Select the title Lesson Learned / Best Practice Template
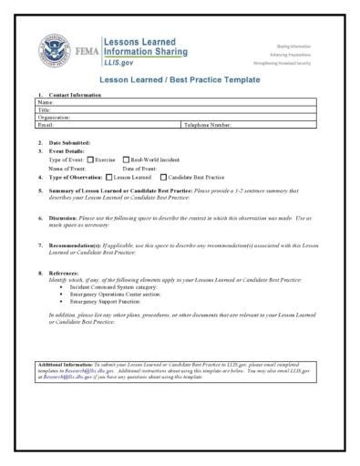(x=180, y=80)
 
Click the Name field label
(x=46, y=102)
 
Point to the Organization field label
(x=55, y=117)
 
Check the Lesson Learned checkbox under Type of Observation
(x=109, y=177)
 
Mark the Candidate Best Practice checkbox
(x=162, y=177)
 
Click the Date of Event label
(x=139, y=168)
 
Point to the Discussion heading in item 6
(x=66, y=219)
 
